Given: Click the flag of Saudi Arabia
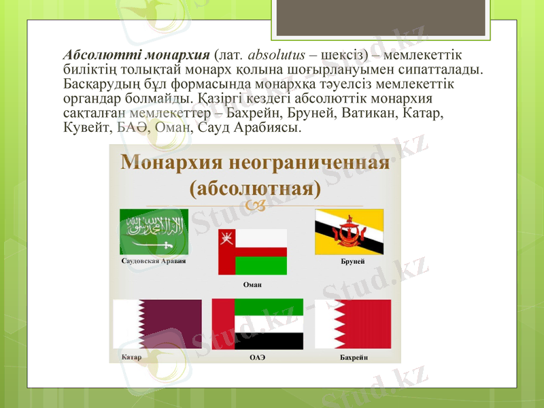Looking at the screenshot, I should pyautogui.click(x=154, y=231).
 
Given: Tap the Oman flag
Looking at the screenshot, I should pyautogui.click(x=252, y=252).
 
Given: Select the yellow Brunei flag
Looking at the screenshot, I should pyautogui.click(x=349, y=232).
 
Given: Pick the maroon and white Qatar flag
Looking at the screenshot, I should pyautogui.click(x=157, y=324).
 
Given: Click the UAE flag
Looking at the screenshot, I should pyautogui.click(x=257, y=324).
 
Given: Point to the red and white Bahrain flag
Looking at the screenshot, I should pyautogui.click(x=352, y=324).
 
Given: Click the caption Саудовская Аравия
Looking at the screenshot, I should pyautogui.click(x=153, y=260).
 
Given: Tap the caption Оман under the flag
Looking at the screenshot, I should pyautogui.click(x=252, y=284).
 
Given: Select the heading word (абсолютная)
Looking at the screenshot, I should pyautogui.click(x=255, y=187).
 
